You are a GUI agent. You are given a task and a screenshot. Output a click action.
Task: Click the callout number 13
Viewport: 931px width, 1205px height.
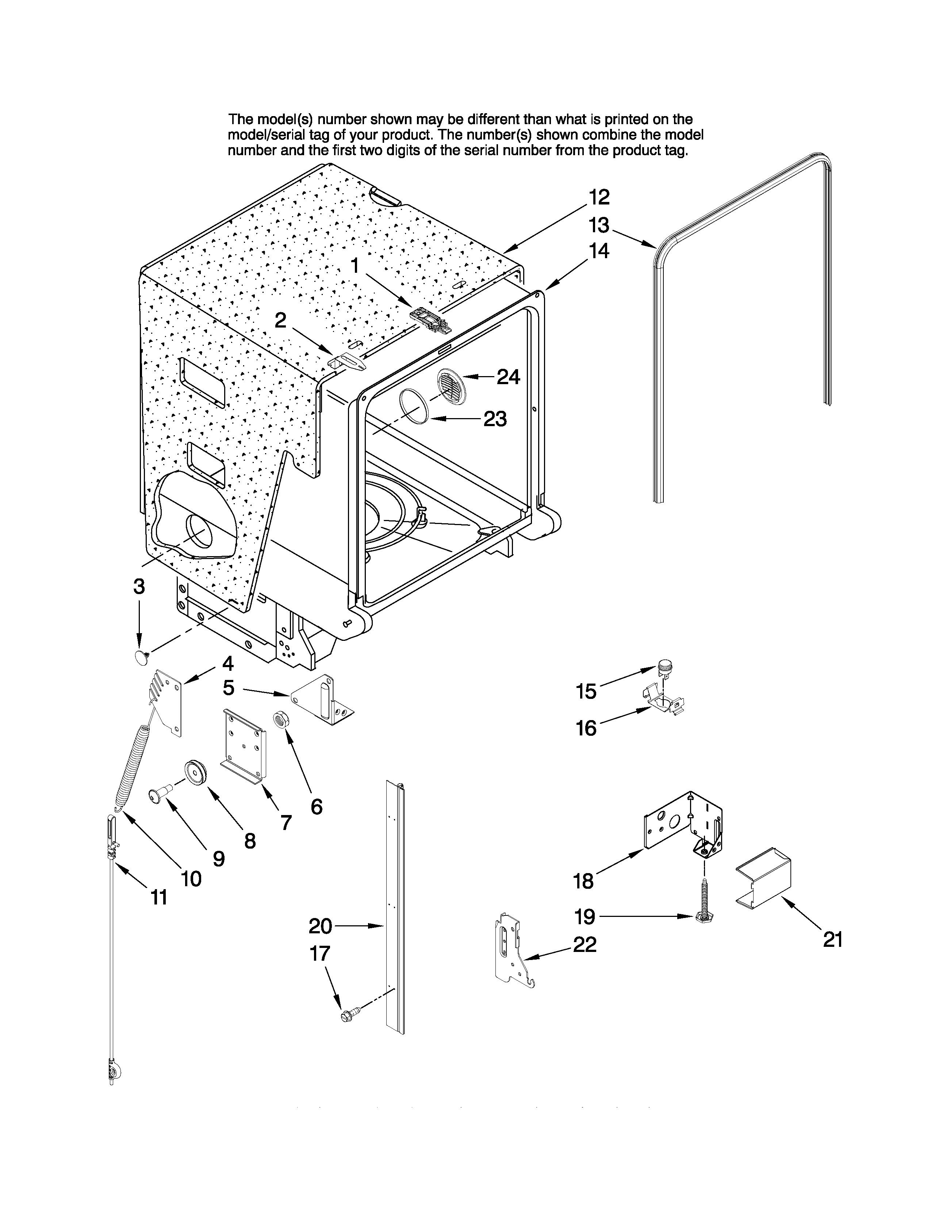click(598, 225)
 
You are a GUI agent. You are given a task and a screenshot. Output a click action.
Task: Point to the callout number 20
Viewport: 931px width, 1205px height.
click(320, 926)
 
